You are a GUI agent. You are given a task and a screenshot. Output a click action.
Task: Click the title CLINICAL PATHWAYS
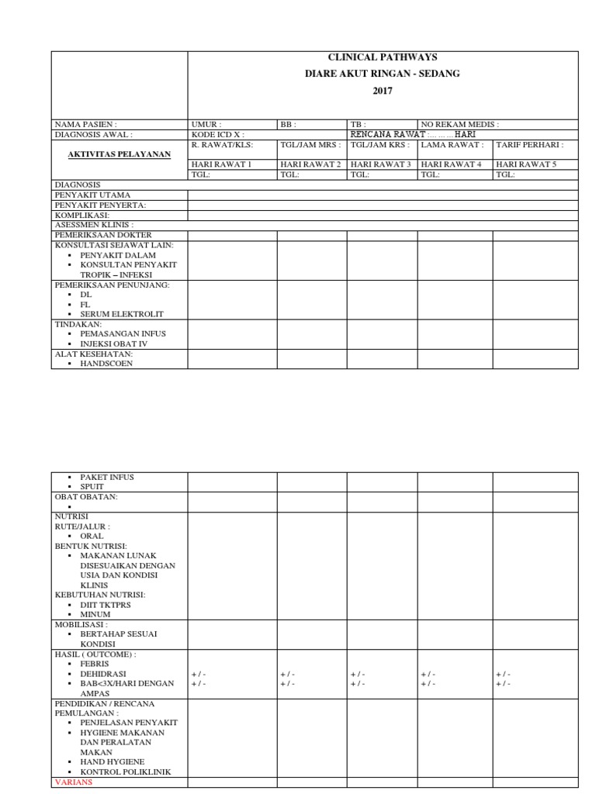tap(383, 57)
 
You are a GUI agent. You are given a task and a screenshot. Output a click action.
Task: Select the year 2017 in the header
tap(383, 91)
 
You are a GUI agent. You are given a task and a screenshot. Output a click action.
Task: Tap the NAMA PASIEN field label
tap(85, 124)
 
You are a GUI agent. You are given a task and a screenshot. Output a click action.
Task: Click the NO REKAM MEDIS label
tap(459, 124)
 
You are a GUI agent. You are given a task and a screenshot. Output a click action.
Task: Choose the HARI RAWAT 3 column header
tap(380, 164)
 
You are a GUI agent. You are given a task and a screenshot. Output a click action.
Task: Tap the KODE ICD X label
tap(218, 134)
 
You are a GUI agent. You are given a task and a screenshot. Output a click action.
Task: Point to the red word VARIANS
tap(72, 782)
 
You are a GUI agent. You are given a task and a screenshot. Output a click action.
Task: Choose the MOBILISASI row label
tap(81, 623)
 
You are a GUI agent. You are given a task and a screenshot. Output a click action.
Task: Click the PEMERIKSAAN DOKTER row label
tap(103, 234)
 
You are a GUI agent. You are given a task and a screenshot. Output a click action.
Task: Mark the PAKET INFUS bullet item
tap(109, 477)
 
